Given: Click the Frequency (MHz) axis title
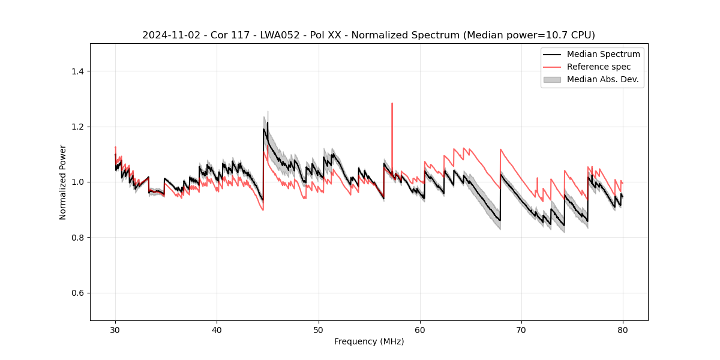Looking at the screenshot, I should point(369,341).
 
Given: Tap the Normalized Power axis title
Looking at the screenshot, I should point(63,182).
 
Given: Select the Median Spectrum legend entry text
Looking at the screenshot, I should point(603,54).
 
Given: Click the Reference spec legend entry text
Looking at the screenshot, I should point(599,67).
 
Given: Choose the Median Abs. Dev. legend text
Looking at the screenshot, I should point(602,79).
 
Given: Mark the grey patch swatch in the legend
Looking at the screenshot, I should point(552,79).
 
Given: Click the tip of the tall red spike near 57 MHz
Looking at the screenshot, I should point(392,103).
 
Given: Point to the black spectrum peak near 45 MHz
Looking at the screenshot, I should point(268,123).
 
